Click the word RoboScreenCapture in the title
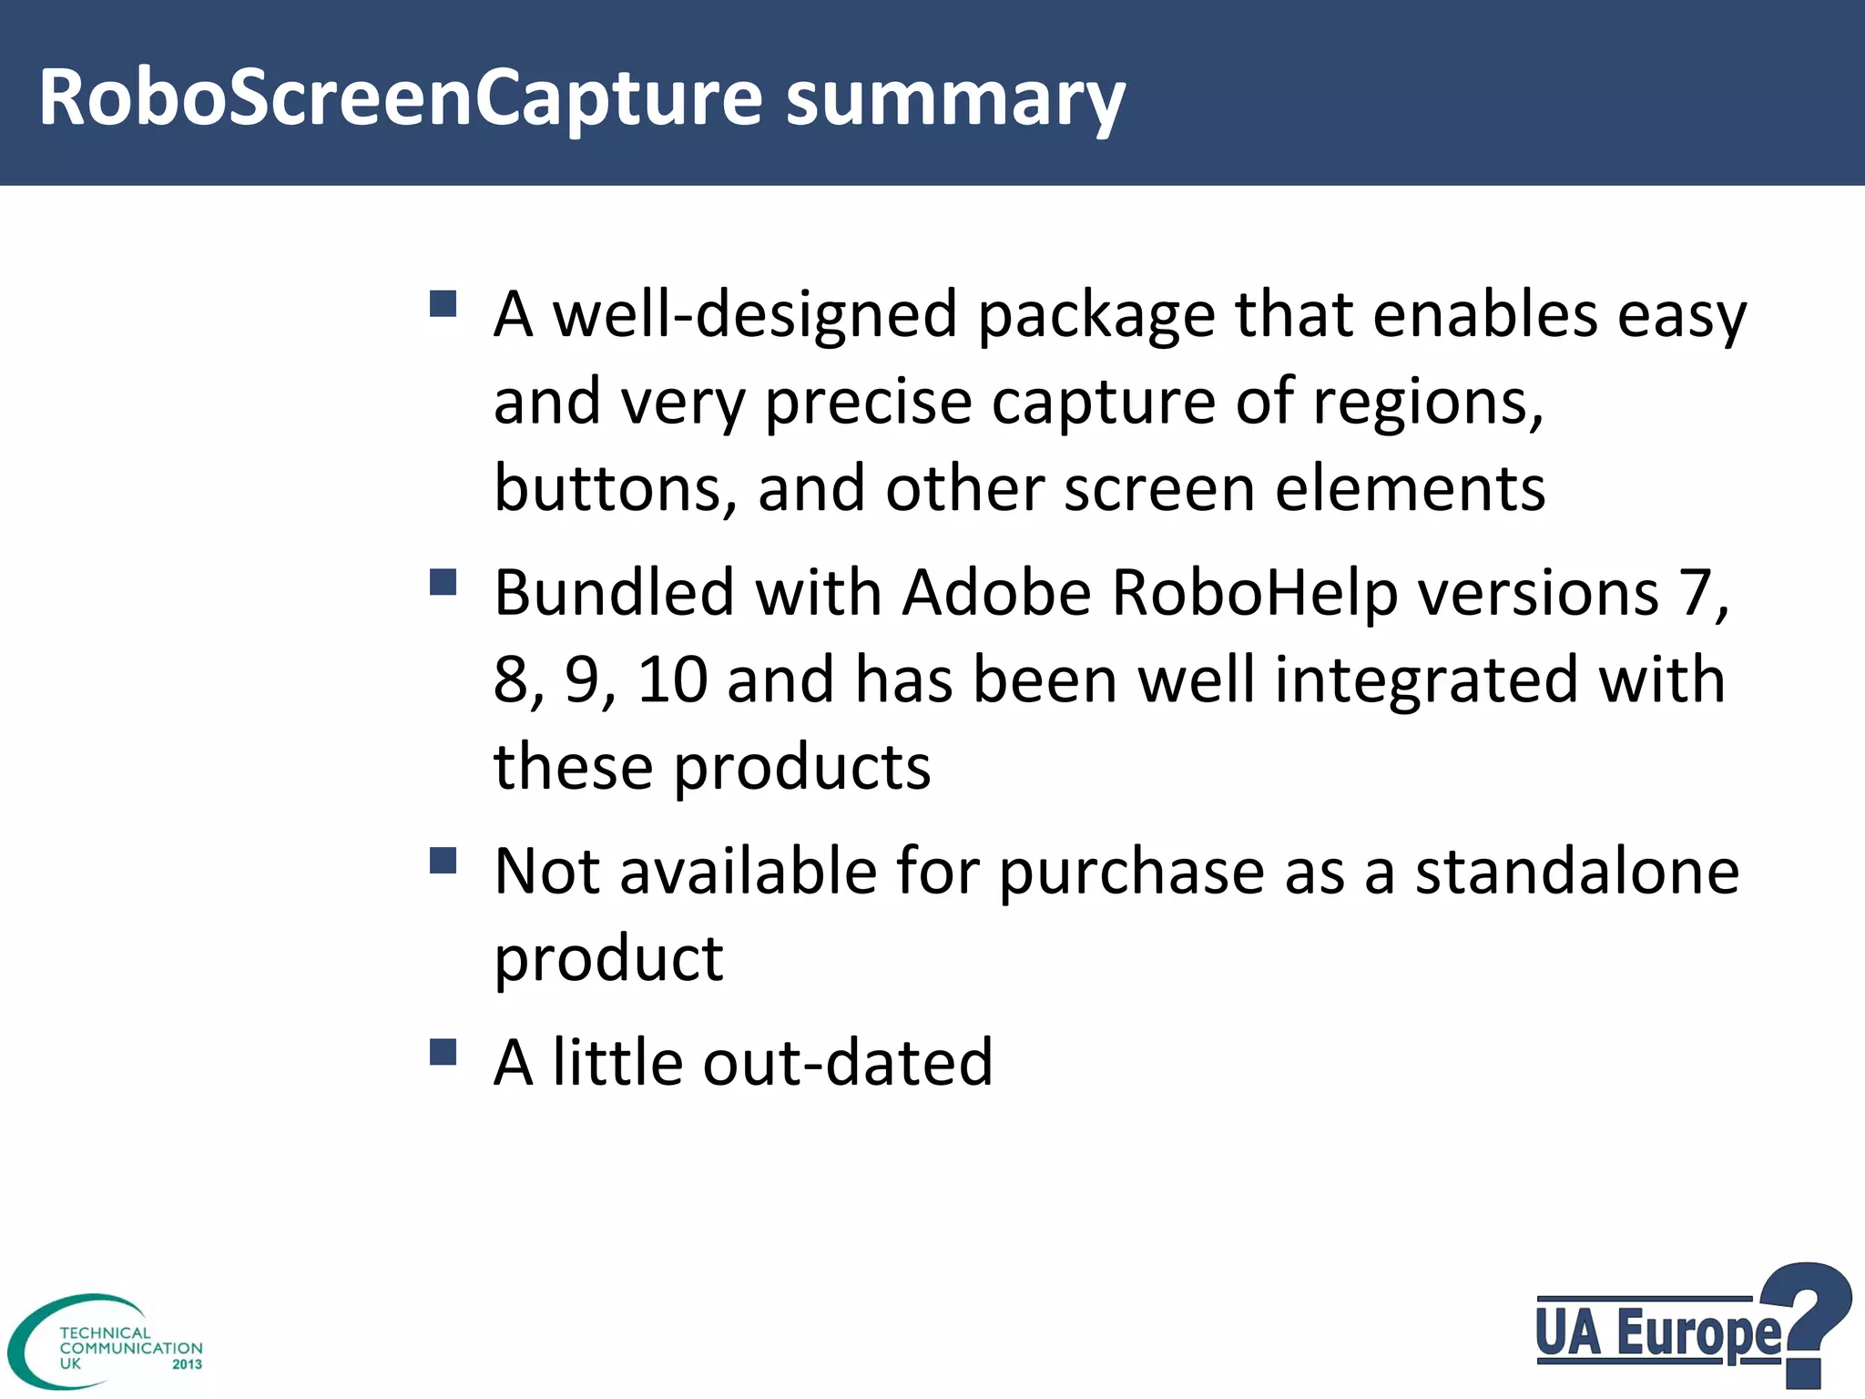coord(401,98)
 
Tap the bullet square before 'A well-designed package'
coord(443,303)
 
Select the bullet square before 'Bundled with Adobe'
coord(443,582)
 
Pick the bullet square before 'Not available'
coord(443,860)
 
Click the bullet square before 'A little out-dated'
coord(443,1052)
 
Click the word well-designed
coord(755,314)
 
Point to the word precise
coord(868,402)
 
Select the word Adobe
coord(996,593)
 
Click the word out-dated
coord(847,1063)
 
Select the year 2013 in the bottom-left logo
coord(187,1364)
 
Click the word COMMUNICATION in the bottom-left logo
coord(131,1348)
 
